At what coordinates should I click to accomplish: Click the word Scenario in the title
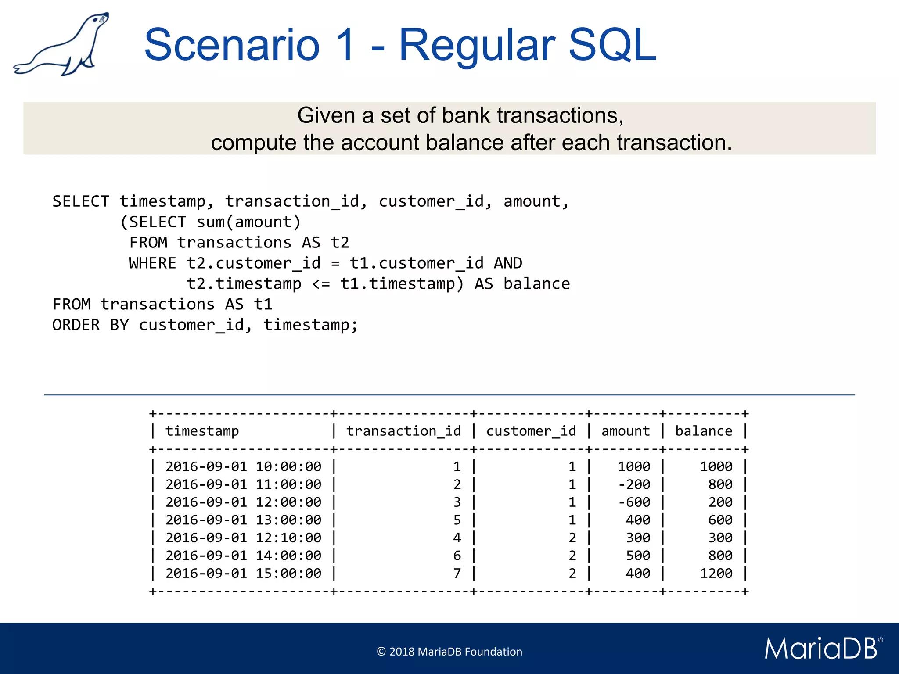click(232, 45)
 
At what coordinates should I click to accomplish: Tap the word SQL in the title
click(612, 45)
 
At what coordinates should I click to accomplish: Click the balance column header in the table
click(704, 431)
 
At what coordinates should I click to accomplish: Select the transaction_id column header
click(403, 431)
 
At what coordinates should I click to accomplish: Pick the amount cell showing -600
click(634, 502)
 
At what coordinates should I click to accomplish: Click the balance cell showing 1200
click(716, 573)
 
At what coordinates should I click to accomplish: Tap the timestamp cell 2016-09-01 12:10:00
click(243, 538)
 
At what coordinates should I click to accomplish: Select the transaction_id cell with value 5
click(457, 520)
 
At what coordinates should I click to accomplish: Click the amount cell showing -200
click(634, 484)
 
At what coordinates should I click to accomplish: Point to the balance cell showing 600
click(720, 520)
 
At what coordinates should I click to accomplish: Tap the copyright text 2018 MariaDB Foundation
click(449, 652)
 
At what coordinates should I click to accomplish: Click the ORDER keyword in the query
click(76, 325)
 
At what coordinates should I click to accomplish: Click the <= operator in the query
click(321, 284)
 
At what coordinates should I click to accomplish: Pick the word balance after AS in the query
click(536, 284)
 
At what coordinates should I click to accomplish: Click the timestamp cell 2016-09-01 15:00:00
click(243, 573)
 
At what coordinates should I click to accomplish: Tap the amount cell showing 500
click(638, 556)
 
